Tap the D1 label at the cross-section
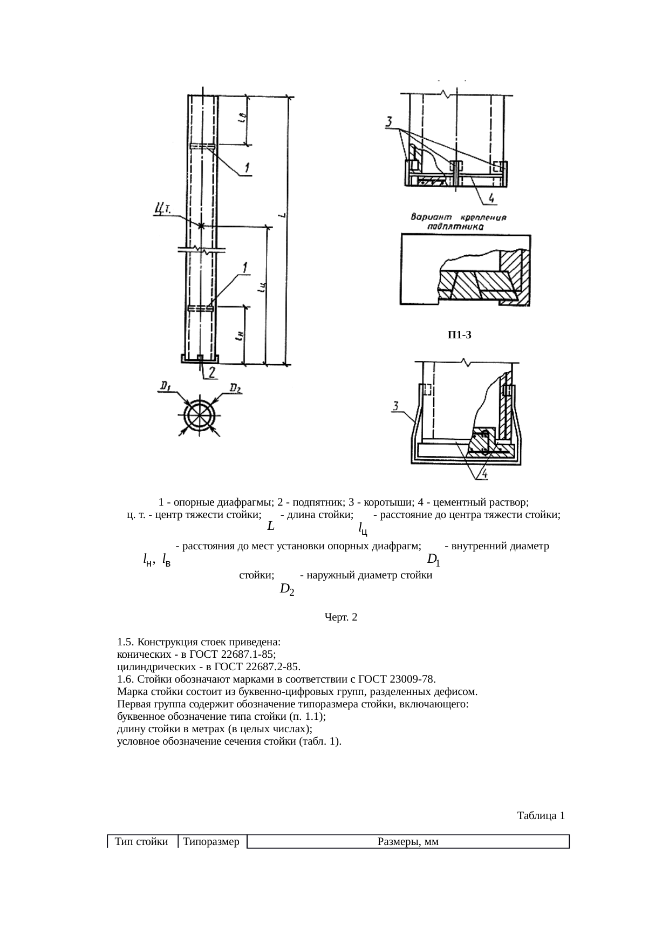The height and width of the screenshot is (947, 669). point(165,386)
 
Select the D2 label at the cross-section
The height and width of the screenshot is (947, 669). point(236,387)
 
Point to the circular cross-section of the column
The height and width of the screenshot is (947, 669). point(200,415)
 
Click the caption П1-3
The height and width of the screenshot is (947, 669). point(459,335)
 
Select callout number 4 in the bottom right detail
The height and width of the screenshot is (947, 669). point(484,474)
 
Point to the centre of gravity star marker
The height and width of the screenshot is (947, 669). point(201,226)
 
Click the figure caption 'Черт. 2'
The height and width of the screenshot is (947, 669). point(340,617)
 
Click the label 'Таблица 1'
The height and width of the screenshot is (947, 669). point(541,815)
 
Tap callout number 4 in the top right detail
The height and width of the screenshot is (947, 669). point(491,199)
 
